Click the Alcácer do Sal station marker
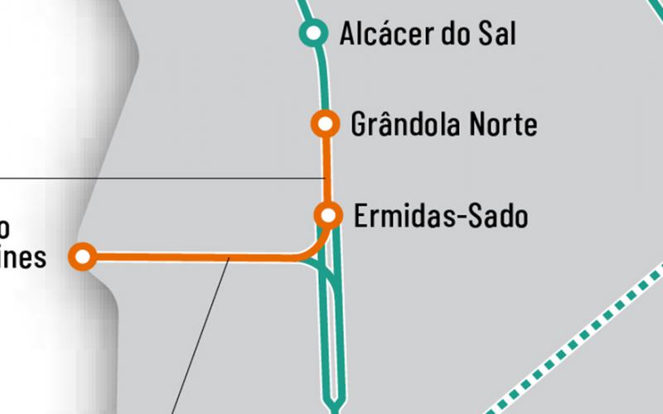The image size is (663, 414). [312, 33]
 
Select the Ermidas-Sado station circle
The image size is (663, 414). [329, 215]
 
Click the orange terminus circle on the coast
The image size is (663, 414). [82, 256]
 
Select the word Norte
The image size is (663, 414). [503, 125]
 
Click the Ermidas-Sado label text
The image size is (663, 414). [440, 217]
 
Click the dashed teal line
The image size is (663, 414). [580, 331]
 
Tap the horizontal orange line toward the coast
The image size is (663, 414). [191, 258]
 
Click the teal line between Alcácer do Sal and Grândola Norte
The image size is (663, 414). [321, 79]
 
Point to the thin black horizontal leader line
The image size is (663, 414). [166, 178]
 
